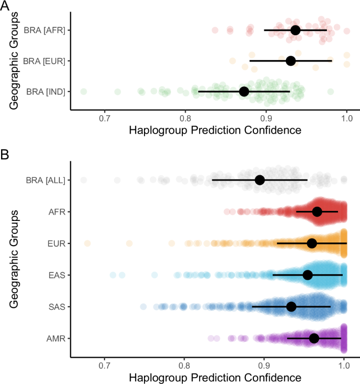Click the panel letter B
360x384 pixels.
point(5,155)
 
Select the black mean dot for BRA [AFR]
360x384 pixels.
point(295,30)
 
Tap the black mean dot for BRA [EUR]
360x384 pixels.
point(291,61)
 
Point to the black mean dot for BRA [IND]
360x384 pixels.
point(244,92)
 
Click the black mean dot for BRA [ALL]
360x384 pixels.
point(260,180)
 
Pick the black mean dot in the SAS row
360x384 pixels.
point(291,306)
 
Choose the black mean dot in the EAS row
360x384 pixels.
point(307,275)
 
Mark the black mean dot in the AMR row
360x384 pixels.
point(314,338)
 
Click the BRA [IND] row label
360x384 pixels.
point(45,92)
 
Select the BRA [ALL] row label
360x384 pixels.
point(45,180)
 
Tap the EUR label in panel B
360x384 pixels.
point(56,244)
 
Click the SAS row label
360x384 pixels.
point(56,307)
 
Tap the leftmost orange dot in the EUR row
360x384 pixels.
point(87,243)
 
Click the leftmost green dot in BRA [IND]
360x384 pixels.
point(83,92)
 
